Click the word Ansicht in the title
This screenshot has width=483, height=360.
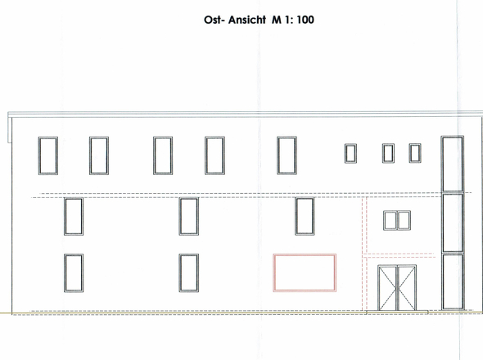[x=247, y=20]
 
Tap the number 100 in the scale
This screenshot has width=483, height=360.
[x=305, y=20]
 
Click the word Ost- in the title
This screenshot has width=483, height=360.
[x=214, y=20]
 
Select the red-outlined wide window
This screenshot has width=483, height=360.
[x=305, y=254]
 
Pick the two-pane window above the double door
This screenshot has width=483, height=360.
[x=397, y=211]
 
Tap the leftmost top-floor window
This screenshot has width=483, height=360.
[x=48, y=137]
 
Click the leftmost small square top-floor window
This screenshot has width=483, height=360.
[x=350, y=145]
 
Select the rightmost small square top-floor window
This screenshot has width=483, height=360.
[x=415, y=144]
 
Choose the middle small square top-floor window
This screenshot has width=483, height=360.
[x=388, y=144]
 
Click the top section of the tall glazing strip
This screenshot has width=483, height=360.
[x=442, y=164]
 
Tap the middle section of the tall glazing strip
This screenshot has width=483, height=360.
[x=443, y=223]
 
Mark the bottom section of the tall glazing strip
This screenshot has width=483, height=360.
[x=443, y=281]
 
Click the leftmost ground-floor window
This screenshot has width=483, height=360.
[x=74, y=254]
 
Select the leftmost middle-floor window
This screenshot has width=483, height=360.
[x=74, y=198]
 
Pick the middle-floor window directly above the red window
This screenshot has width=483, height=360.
[x=305, y=198]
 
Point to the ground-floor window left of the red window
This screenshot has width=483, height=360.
[x=189, y=254]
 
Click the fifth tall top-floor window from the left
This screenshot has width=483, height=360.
[x=287, y=137]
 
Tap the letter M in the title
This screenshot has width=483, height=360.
[x=277, y=20]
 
